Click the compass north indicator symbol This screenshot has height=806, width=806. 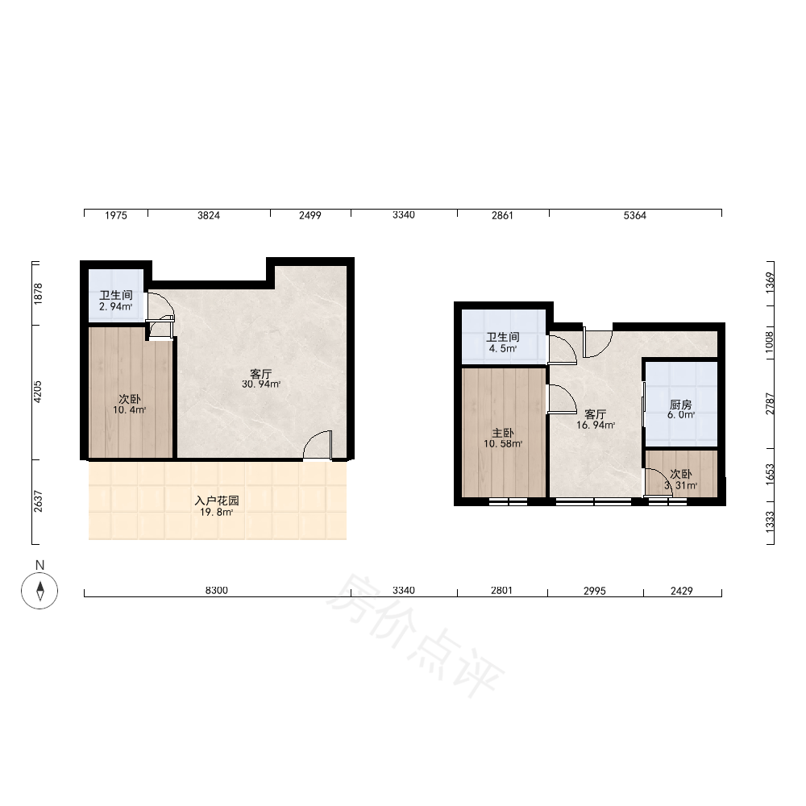[39, 590]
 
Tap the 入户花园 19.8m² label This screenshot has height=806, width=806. [217, 506]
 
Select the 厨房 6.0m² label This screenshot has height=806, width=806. [681, 409]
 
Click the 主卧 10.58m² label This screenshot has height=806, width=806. [503, 438]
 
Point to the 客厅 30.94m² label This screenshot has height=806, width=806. [261, 379]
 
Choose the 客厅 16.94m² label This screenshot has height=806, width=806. [596, 419]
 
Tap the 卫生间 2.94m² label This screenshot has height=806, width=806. [116, 301]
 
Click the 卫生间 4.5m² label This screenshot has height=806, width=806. [503, 343]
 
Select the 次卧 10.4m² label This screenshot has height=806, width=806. [130, 405]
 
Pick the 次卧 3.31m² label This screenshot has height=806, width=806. [681, 480]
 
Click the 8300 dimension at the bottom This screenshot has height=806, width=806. [216, 591]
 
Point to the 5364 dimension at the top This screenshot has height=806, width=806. [635, 216]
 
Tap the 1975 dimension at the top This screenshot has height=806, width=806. [115, 216]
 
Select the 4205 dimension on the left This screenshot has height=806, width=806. [38, 392]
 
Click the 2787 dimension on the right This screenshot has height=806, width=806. [770, 404]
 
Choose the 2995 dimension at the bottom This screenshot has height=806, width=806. [595, 591]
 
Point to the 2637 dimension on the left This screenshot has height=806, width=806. [38, 501]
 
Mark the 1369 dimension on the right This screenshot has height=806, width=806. [770, 283]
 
